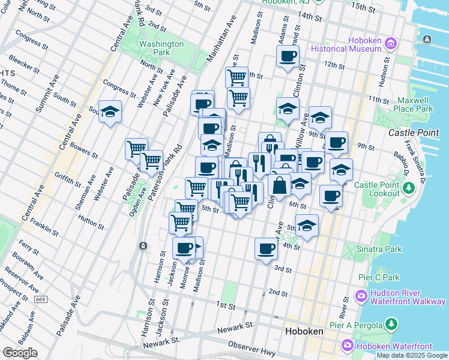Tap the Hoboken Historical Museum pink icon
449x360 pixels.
pyautogui.click(x=391, y=43)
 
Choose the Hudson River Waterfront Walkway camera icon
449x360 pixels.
pyautogui.click(x=361, y=296)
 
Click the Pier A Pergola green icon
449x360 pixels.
pyautogui.click(x=391, y=325)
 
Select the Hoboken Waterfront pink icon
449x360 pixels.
pyautogui.click(x=348, y=346)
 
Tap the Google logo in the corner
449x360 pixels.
pyautogui.click(x=20, y=352)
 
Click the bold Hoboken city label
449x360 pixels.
pyautogui.click(x=304, y=331)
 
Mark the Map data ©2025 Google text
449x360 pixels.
pyautogui.click(x=412, y=355)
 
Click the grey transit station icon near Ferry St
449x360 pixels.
pyautogui.click(x=143, y=246)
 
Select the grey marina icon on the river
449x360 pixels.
pyautogui.click(x=426, y=39)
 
